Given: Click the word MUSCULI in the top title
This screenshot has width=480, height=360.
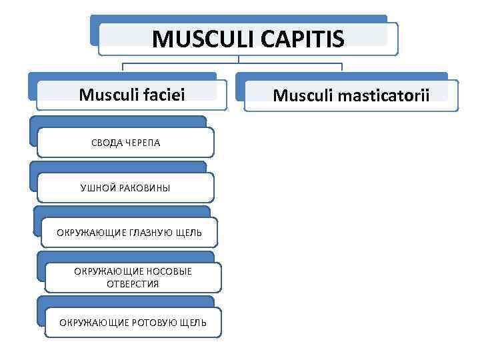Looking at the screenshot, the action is pos(199,39).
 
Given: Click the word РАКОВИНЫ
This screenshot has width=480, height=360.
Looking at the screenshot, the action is pos(143,188).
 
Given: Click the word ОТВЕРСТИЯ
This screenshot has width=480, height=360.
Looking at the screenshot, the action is pos(133,284).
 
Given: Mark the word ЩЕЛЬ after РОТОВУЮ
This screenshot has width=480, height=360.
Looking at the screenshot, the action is pos(194,323).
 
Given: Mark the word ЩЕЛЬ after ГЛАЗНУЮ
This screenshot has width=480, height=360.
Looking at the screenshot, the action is pos(189,232).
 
